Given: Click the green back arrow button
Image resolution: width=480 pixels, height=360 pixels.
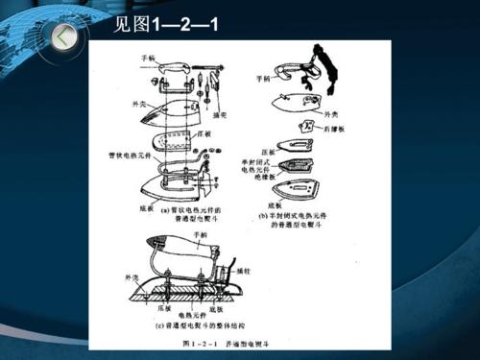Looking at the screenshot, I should [x=64, y=37].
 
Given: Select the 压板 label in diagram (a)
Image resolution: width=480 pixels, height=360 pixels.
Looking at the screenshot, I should [x=205, y=135].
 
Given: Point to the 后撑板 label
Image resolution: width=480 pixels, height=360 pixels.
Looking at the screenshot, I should [x=335, y=126].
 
